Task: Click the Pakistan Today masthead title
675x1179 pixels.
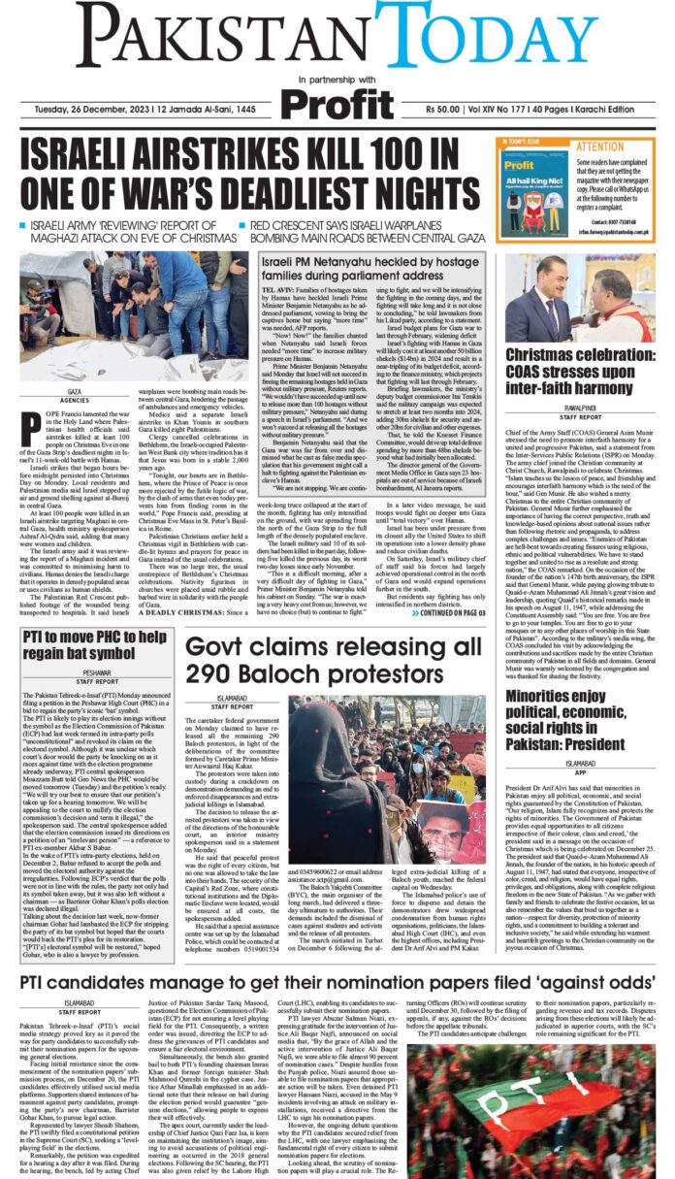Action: (x=337, y=35)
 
